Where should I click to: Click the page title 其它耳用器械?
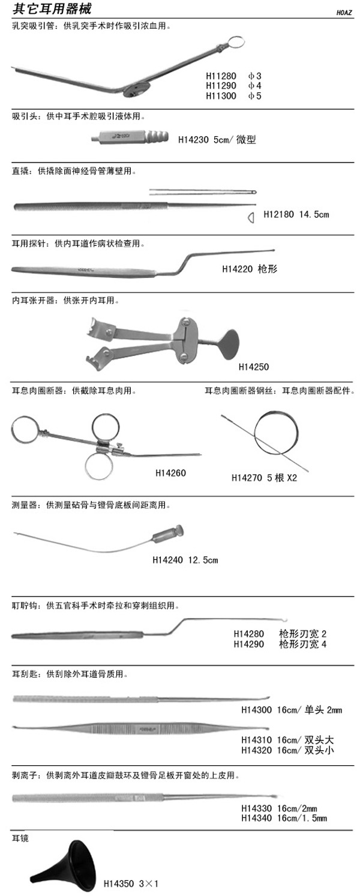52,9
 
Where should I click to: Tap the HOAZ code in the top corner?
344,13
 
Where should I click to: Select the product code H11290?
221,86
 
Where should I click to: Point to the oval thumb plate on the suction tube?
137,91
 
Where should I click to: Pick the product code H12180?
278,214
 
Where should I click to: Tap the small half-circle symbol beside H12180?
251,218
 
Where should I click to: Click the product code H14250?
254,367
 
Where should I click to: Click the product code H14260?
171,473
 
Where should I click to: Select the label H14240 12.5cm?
185,560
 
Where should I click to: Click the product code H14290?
249,644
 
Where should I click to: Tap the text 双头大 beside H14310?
319,739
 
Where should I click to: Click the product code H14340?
256,818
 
